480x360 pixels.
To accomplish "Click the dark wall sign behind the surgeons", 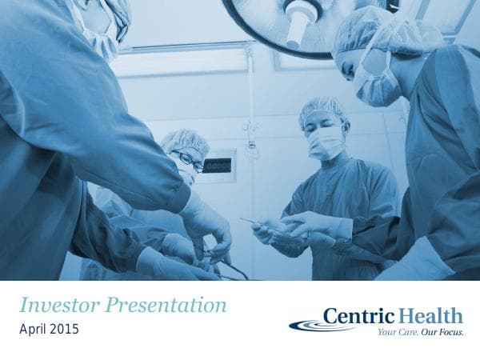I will pyautogui.click(x=217, y=166).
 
